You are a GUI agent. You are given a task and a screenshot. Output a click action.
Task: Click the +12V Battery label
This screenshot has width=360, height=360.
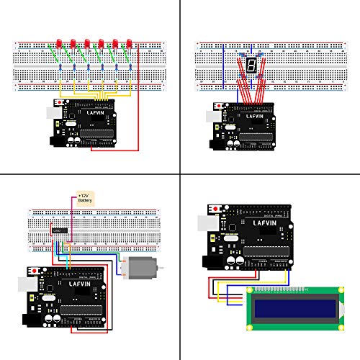coord(86,199)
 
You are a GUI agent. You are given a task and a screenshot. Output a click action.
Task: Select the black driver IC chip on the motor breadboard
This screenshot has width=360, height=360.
coord(58,230)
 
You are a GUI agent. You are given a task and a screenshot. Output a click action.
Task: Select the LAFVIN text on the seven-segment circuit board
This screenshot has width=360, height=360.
coord(256,115)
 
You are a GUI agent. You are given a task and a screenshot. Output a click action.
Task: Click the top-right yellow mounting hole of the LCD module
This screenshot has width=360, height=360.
coord(323,292)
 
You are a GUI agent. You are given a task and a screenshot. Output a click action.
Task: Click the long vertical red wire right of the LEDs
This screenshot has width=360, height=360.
coord(138,101)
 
